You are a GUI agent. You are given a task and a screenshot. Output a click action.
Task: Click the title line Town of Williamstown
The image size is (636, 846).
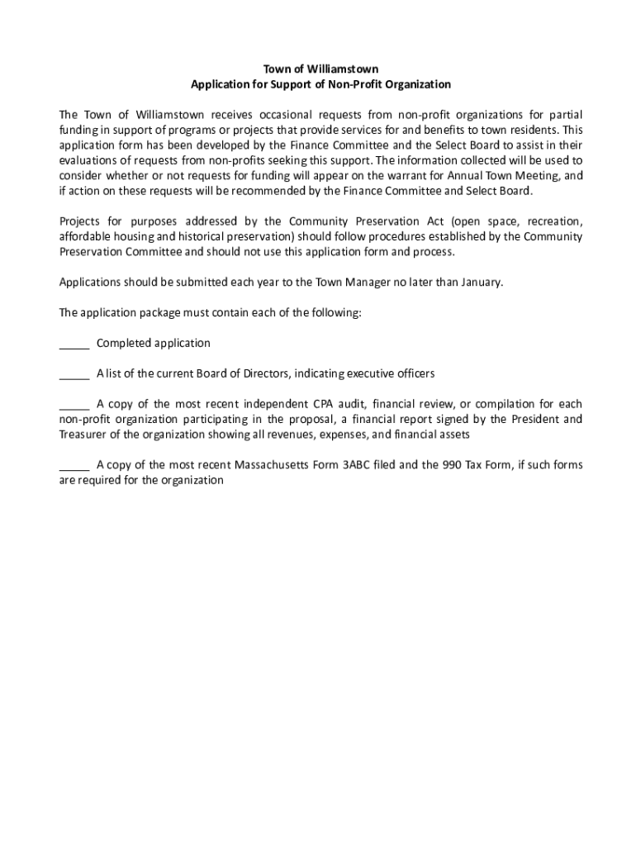click(x=320, y=69)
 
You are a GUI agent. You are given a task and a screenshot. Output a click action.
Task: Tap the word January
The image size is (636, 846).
click(x=477, y=282)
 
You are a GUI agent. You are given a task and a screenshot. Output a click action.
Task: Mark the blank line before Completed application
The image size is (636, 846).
click(x=74, y=344)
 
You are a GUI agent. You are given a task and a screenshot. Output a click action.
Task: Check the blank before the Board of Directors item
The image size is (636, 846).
click(x=74, y=374)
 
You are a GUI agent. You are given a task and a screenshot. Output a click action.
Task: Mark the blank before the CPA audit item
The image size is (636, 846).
click(x=74, y=405)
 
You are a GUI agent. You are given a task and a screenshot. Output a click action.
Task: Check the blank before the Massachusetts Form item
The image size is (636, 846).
click(x=74, y=466)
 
